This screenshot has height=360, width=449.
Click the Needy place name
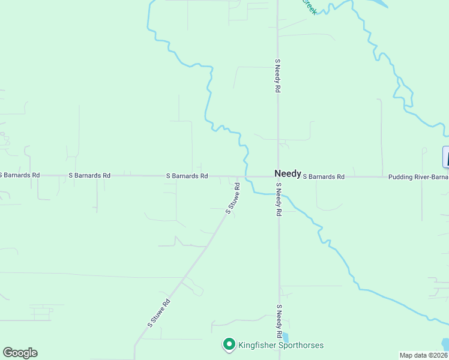click(x=288, y=173)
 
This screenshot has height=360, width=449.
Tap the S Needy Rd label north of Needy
click(x=278, y=75)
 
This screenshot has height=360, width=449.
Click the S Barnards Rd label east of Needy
click(x=324, y=177)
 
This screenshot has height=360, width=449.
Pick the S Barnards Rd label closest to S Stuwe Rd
click(x=187, y=176)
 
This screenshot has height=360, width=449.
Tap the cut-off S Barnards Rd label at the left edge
click(x=20, y=175)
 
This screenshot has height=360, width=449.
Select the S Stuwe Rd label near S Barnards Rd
click(x=233, y=199)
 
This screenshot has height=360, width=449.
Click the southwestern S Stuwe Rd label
click(x=159, y=313)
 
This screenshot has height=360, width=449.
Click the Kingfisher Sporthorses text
click(x=281, y=345)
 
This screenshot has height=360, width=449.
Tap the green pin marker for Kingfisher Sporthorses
click(x=229, y=344)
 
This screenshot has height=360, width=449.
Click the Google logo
click(x=20, y=353)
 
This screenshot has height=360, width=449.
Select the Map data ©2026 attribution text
click(x=424, y=355)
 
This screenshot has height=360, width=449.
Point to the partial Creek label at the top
click(x=309, y=7)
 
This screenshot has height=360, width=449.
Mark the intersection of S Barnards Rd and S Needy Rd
click(x=278, y=177)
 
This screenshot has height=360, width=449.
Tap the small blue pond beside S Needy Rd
click(x=285, y=338)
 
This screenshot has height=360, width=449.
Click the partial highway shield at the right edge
click(x=445, y=157)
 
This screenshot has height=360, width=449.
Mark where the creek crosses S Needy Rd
click(x=278, y=194)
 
